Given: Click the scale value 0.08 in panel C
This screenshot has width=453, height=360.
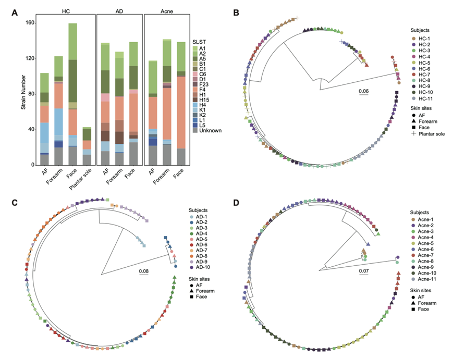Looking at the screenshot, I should tap(144, 271).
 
